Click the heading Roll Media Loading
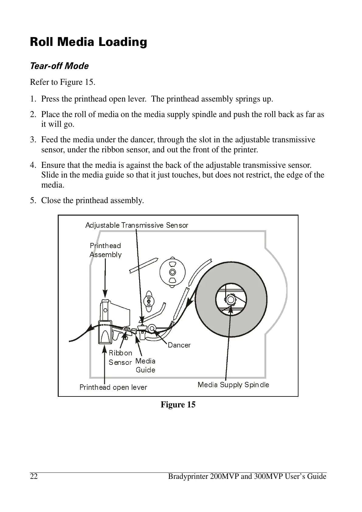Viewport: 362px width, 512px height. click(88, 42)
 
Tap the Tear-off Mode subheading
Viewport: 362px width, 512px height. click(59, 66)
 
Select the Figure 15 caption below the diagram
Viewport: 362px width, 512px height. click(178, 405)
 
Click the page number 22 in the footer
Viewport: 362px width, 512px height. click(34, 476)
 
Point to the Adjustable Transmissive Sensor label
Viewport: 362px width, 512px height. click(137, 225)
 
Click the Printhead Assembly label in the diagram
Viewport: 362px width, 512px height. click(105, 250)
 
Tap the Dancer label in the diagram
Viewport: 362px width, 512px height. click(179, 345)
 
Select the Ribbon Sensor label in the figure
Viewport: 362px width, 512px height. click(120, 358)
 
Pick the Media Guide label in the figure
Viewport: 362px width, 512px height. click(145, 365)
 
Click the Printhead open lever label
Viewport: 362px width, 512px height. click(113, 387)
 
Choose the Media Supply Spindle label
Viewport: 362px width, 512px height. click(233, 385)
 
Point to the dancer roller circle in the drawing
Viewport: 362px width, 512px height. click(152, 328)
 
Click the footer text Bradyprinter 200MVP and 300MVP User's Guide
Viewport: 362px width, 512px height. click(247, 476)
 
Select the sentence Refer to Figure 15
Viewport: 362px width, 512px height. click(63, 82)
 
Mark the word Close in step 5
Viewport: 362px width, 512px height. click(51, 201)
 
